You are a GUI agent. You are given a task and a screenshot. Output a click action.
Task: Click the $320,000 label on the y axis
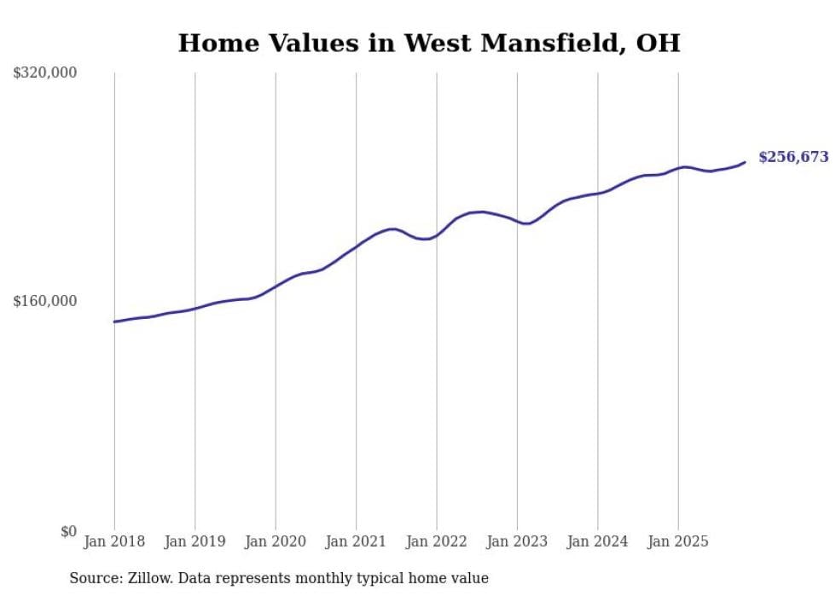[45, 73]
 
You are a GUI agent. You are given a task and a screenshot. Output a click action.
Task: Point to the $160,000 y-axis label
[45, 302]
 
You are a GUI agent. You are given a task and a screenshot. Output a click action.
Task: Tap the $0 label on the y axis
[68, 531]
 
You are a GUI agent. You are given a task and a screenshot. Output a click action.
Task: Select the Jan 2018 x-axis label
[114, 541]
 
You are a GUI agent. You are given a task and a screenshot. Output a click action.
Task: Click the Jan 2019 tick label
[194, 541]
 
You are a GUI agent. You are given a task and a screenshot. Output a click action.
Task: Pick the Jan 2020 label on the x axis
[276, 541]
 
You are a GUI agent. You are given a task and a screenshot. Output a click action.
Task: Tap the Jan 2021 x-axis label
[356, 541]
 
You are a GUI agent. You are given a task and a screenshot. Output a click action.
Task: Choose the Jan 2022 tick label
[437, 541]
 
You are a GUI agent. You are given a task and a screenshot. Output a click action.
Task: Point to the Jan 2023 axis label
[517, 541]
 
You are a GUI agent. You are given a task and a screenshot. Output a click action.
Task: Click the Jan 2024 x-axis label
[598, 541]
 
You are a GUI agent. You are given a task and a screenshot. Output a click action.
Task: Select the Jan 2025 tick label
[678, 541]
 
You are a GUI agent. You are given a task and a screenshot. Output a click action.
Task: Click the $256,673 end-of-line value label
[793, 157]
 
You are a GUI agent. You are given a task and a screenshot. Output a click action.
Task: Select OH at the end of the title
[659, 43]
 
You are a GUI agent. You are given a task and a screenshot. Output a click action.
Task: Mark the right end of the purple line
[745, 162]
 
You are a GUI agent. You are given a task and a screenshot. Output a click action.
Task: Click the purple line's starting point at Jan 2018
[114, 321]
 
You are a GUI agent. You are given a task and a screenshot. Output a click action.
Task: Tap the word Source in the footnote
[94, 579]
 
